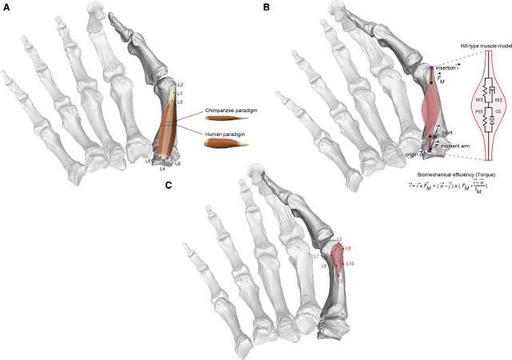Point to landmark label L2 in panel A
tap(180, 85)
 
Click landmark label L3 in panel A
tap(180, 102)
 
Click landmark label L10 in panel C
tap(350, 263)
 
